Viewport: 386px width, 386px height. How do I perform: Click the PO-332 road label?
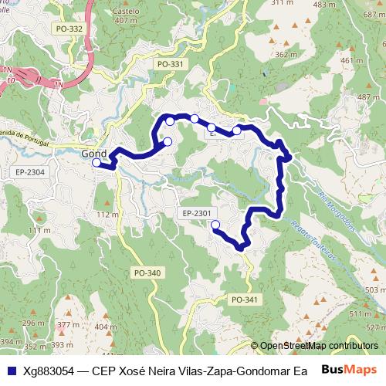point(69,29)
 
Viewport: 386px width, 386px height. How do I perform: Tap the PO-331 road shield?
point(169,64)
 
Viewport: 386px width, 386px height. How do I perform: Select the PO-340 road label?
point(147,273)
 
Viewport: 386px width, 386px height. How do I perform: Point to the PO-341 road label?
point(245,300)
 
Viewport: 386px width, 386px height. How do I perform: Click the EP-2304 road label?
point(30,172)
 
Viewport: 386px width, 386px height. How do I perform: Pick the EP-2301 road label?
point(198,213)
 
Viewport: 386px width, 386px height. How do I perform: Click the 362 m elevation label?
point(286,55)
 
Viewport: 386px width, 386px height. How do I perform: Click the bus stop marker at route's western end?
point(96,163)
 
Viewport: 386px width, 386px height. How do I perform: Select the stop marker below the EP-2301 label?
point(215,225)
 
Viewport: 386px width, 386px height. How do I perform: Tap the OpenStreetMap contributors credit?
point(319,346)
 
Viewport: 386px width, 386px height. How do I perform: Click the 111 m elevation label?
point(39,231)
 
